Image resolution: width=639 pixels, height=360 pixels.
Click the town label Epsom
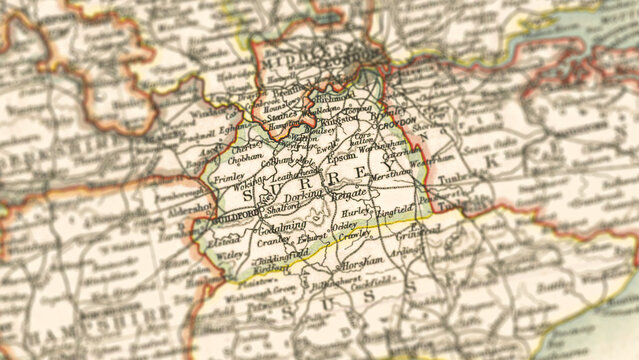tap(342, 156)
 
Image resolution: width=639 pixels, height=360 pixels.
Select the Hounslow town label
tap(287, 103)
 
